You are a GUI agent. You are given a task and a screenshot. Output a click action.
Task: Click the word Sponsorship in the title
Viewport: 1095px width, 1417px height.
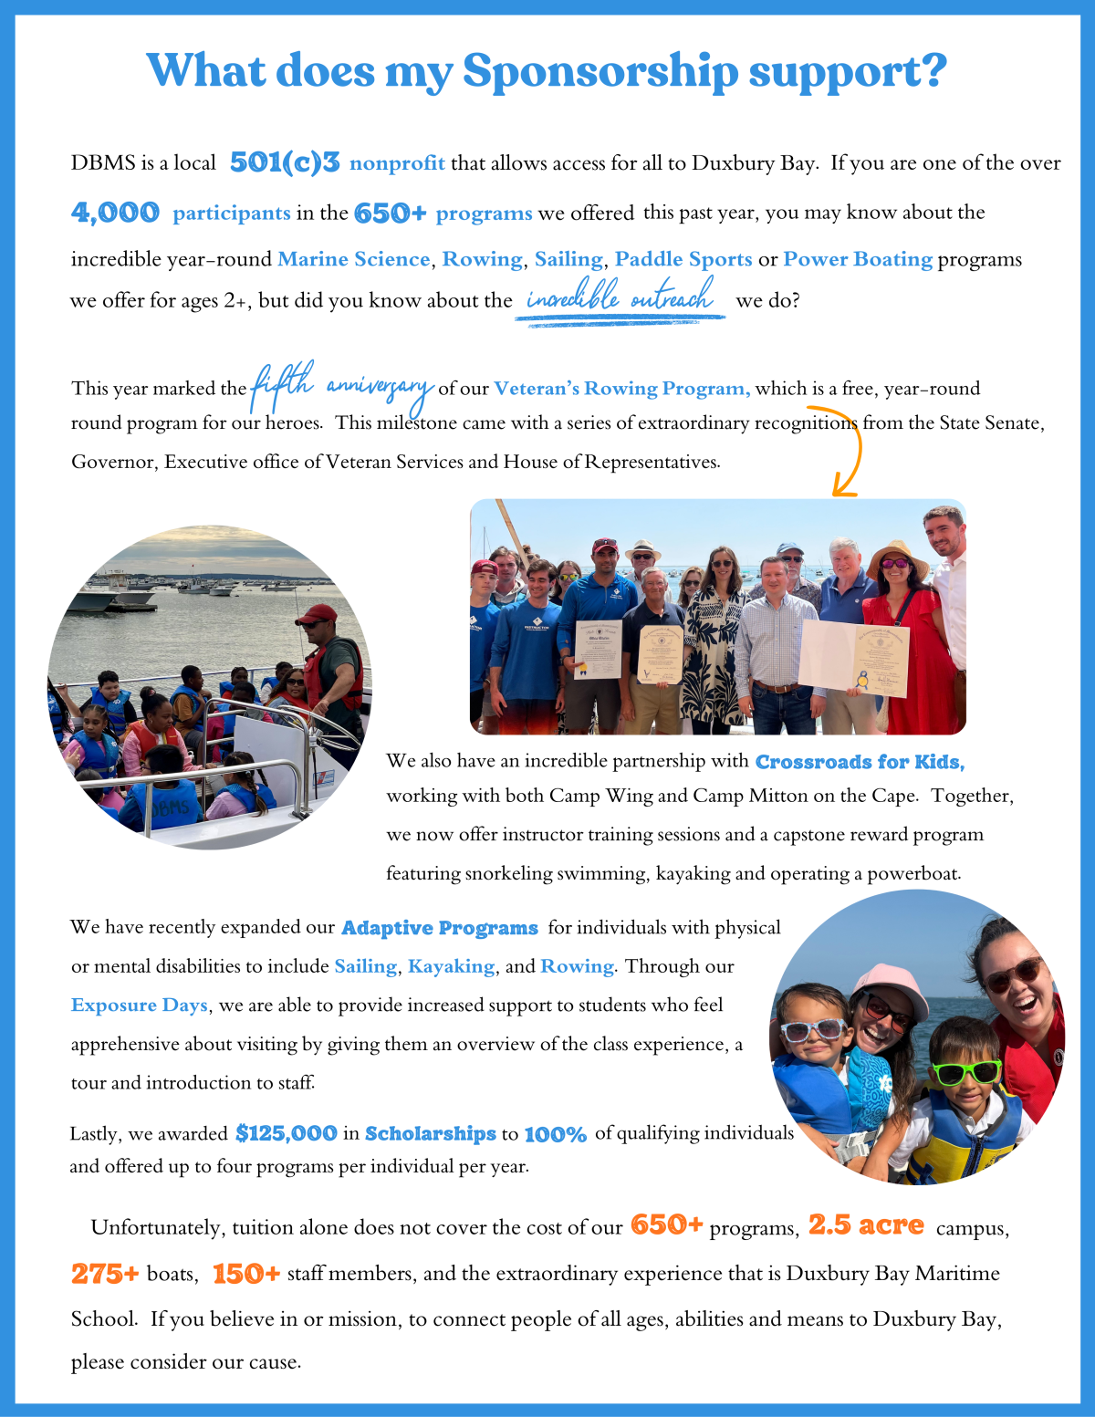(x=600, y=72)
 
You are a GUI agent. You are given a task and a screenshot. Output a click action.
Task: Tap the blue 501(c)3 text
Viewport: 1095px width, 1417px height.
(x=284, y=162)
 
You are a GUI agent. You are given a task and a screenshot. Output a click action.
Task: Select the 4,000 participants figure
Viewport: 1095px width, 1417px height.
(x=115, y=213)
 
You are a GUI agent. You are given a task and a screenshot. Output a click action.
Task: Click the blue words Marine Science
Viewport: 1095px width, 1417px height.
(x=353, y=259)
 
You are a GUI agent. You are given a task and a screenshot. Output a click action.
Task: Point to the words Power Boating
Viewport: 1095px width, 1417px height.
(x=857, y=259)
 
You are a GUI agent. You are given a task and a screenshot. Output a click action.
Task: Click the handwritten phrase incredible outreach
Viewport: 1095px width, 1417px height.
(x=620, y=298)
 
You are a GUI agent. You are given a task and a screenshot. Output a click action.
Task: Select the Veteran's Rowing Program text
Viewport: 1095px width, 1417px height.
(x=621, y=389)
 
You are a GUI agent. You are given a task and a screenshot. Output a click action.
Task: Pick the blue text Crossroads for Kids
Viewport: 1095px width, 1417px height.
(x=859, y=762)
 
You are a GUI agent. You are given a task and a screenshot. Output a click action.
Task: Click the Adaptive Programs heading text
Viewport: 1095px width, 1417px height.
(x=439, y=928)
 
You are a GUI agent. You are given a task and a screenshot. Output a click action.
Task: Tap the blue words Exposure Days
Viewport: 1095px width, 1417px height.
(x=140, y=1005)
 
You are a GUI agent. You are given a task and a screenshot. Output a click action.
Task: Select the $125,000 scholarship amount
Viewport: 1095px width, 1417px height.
(x=286, y=1133)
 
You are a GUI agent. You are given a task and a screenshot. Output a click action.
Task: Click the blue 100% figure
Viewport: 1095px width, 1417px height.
(x=555, y=1134)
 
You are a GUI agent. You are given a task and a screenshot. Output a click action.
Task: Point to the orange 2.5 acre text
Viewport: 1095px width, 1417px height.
(x=865, y=1225)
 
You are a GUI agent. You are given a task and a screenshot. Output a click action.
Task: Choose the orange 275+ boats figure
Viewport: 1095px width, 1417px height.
(x=105, y=1274)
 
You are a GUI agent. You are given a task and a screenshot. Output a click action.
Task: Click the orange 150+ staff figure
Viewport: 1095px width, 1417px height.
(x=246, y=1274)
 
